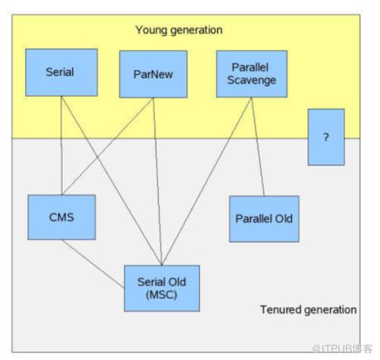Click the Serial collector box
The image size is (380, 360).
click(62, 72)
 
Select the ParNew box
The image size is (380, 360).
click(154, 74)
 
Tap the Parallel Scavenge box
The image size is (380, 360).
click(252, 74)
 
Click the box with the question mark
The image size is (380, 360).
click(326, 137)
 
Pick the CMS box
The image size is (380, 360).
click(62, 217)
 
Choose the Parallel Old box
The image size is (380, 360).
click(264, 219)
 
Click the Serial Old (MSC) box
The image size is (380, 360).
click(162, 289)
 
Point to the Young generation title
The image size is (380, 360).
click(179, 30)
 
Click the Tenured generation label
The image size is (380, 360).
click(309, 310)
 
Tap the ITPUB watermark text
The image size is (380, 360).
click(342, 349)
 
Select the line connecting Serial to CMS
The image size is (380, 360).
click(62, 146)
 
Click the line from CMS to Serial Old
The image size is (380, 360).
click(93, 264)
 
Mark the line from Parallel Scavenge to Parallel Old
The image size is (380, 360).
click(258, 147)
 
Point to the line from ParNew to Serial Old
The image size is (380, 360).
click(157, 182)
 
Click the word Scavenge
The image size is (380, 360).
click(252, 81)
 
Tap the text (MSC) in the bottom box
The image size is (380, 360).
click(161, 295)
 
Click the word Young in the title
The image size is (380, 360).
click(151, 30)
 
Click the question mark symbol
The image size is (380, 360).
click(326, 137)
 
